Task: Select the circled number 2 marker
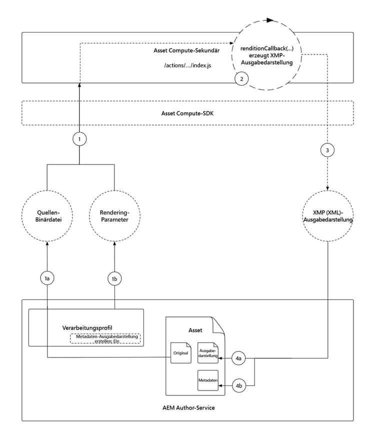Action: click(x=241, y=78)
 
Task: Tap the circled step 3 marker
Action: click(x=327, y=150)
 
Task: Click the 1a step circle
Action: click(x=47, y=278)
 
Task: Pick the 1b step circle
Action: click(x=115, y=278)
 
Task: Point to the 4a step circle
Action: click(x=239, y=358)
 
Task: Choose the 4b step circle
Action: click(x=239, y=386)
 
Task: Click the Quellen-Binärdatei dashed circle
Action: click(x=46, y=216)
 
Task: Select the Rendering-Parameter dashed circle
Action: click(x=114, y=216)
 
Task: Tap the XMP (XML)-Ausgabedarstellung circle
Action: click(x=327, y=216)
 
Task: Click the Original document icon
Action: click(x=180, y=353)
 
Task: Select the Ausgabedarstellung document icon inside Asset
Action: click(x=207, y=353)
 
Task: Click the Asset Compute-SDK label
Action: click(x=187, y=113)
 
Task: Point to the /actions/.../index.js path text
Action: click(x=187, y=65)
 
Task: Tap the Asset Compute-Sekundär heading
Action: click(x=187, y=51)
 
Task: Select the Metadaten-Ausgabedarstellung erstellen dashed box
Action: click(x=105, y=339)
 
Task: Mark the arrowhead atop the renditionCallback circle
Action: click(x=270, y=20)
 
